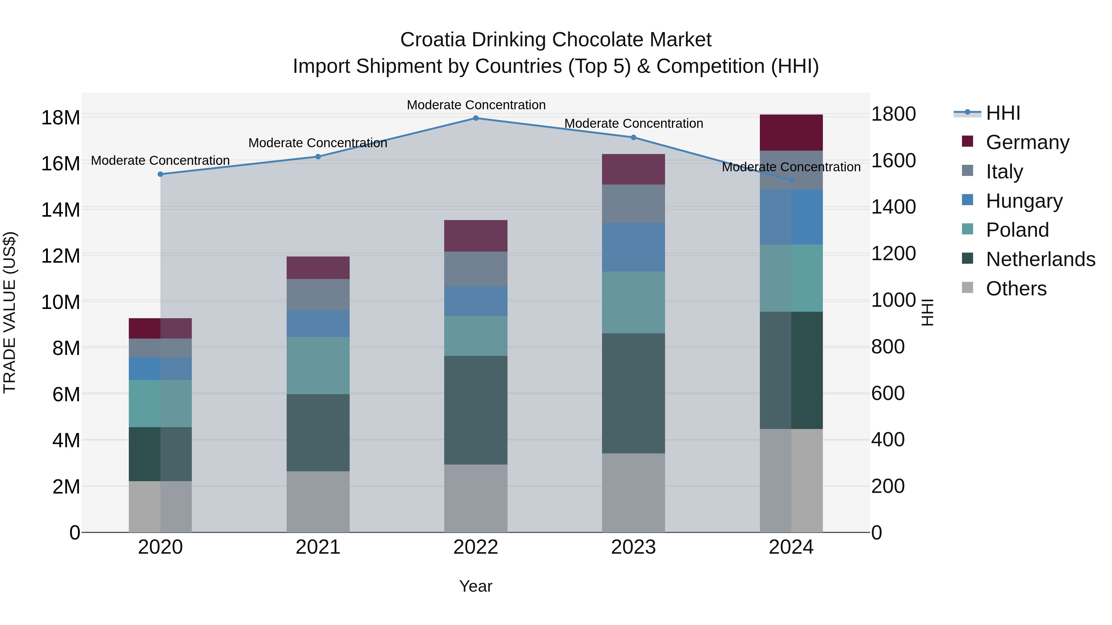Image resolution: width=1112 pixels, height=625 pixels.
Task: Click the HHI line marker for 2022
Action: pos(476,118)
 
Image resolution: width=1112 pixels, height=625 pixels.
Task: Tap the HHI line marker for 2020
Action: pos(160,174)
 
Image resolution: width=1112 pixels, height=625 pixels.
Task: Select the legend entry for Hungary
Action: pos(1024,201)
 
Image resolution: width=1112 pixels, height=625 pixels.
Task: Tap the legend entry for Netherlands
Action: pos(1040,259)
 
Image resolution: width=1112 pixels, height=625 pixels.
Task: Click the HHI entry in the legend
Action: pos(1003,113)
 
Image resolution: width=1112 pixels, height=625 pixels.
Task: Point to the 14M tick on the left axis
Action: pos(61,210)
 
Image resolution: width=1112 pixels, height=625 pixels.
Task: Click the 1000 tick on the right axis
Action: pos(893,300)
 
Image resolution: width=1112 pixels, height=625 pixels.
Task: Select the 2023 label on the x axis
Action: pos(633,547)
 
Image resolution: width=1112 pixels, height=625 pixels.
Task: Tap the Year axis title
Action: pos(476,586)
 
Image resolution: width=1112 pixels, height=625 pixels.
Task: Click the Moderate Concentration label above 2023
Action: pos(633,124)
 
